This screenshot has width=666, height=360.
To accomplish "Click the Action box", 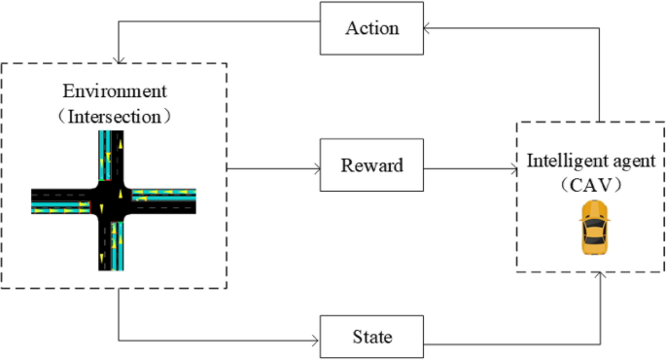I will pyautogui.click(x=372, y=28).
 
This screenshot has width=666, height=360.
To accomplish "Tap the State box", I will pyautogui.click(x=372, y=338).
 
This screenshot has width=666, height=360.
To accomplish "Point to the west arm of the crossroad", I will pyautogui.click(x=58, y=200).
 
